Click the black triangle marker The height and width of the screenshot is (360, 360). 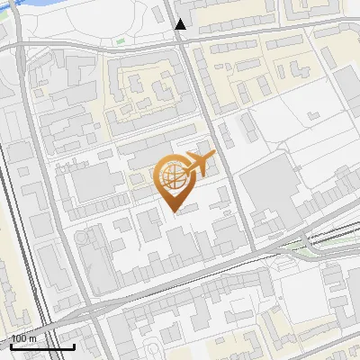pyautogui.click(x=181, y=24)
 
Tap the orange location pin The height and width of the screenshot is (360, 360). pyautogui.click(x=175, y=183)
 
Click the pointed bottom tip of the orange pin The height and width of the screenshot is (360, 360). pyautogui.click(x=175, y=211)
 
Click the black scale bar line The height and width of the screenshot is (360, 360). pyautogui.click(x=41, y=347)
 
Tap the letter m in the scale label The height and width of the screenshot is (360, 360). pyautogui.click(x=33, y=339)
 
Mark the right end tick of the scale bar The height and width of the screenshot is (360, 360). pyautogui.click(x=75, y=346)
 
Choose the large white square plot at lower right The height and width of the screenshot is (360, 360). pyautogui.click(x=301, y=292)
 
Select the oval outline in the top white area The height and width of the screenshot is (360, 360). pyautogui.click(x=139, y=17)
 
